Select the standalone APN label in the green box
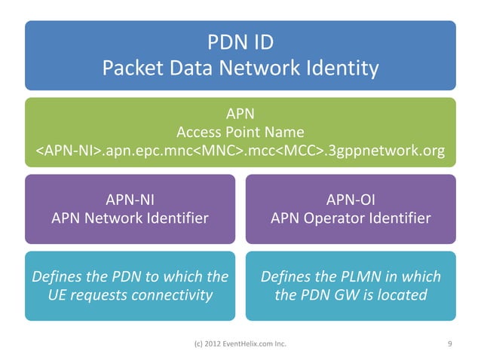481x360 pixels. pyautogui.click(x=240, y=114)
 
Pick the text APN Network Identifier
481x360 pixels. pyautogui.click(x=129, y=218)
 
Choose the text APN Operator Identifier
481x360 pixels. pyautogui.click(x=351, y=218)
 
